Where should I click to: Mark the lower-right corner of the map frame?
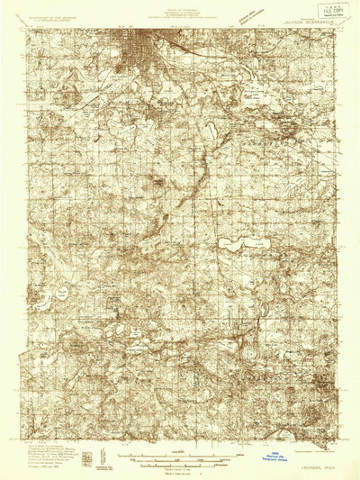[x=335, y=443]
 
